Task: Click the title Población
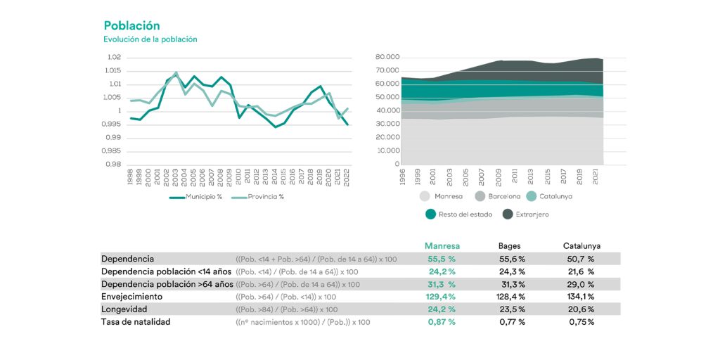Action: tap(131, 26)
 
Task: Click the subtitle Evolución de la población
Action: tap(150, 39)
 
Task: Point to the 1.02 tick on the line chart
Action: tap(114, 58)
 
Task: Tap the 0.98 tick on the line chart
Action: tap(114, 165)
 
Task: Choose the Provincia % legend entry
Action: tap(265, 196)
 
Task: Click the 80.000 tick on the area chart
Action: tap(387, 57)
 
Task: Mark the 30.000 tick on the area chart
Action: tap(387, 124)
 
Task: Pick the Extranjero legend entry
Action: tap(532, 214)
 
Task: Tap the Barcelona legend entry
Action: tap(504, 196)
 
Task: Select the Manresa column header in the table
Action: tap(442, 246)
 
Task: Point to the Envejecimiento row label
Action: tap(132, 297)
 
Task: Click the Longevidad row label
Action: tap(124, 309)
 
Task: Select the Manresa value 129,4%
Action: tap(442, 297)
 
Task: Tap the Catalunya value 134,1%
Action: tap(581, 297)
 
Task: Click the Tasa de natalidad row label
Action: tap(136, 322)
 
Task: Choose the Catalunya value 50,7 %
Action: tap(581, 259)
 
